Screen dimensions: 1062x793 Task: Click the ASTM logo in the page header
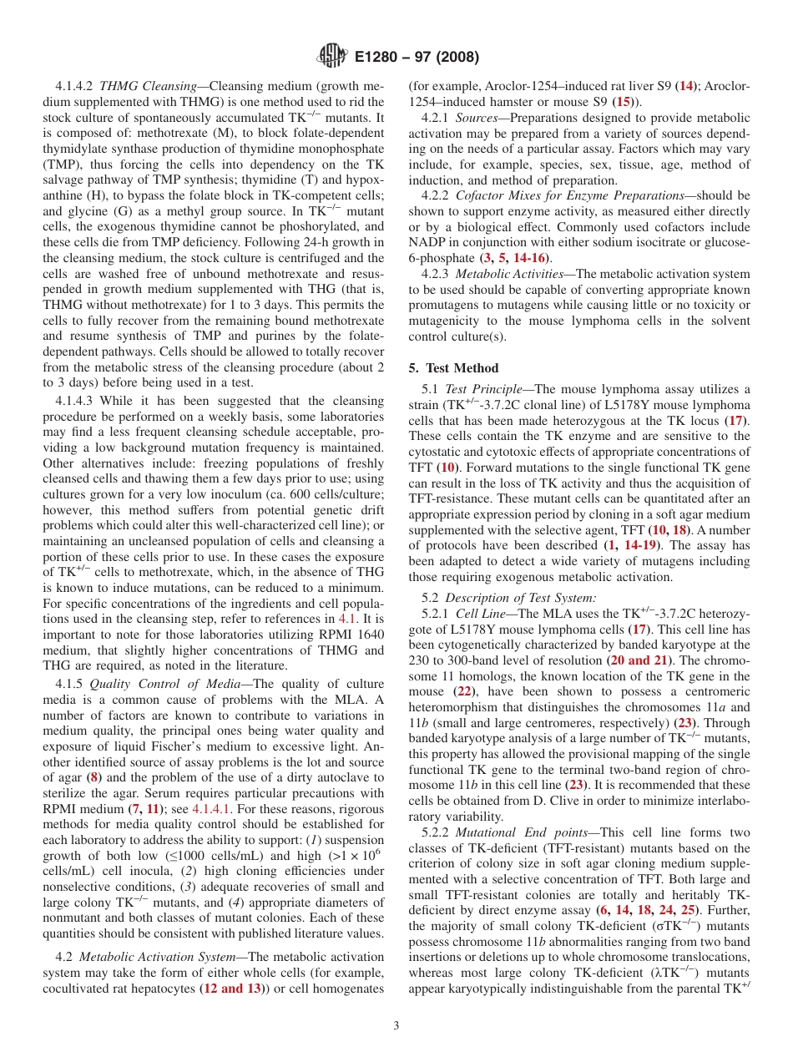coord(332,58)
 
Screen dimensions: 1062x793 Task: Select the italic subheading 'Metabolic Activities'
coord(509,273)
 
